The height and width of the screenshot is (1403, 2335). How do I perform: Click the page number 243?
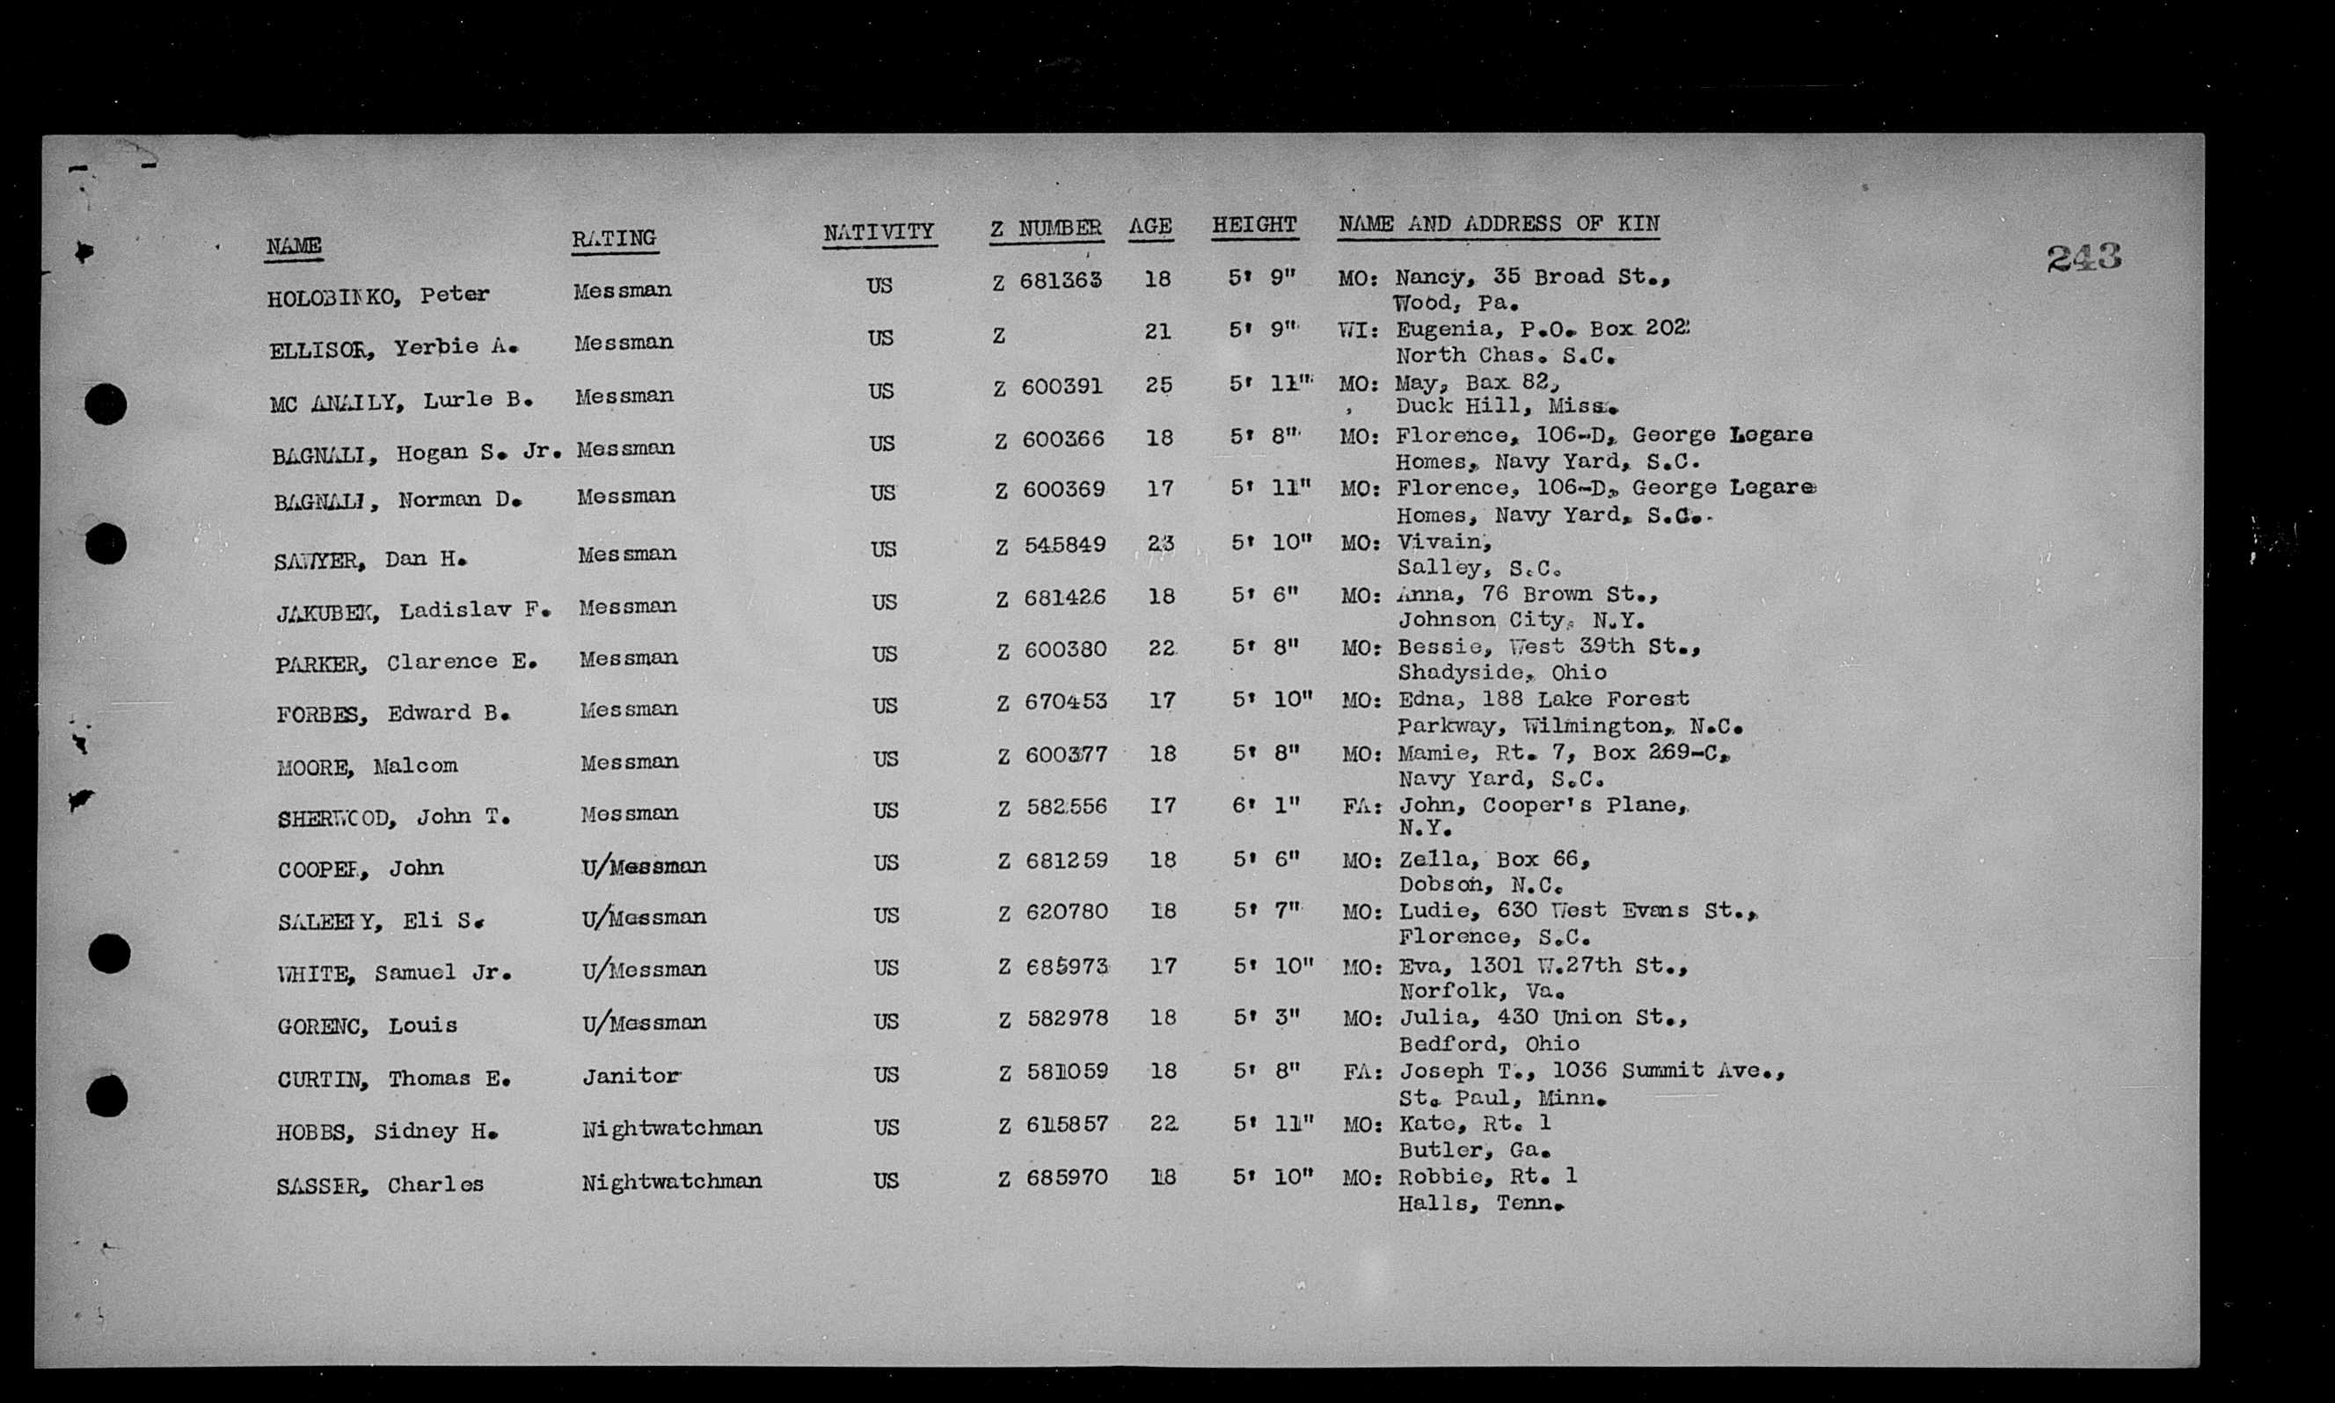pyautogui.click(x=2083, y=258)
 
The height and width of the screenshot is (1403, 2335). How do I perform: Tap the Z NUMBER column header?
pyautogui.click(x=1045, y=229)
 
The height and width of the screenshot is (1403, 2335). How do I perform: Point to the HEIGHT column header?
pyautogui.click(x=1254, y=226)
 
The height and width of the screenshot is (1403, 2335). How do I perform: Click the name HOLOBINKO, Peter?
pyautogui.click(x=378, y=296)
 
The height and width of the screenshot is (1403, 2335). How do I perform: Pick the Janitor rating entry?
pyautogui.click(x=630, y=1076)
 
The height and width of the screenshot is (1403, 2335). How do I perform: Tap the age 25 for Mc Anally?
pyautogui.click(x=1158, y=386)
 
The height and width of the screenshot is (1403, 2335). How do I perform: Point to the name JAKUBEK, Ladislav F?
pyautogui.click(x=413, y=612)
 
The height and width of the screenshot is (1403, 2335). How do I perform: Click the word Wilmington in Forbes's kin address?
pyautogui.click(x=1594, y=726)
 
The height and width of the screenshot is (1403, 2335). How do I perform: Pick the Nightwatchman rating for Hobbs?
pyautogui.click(x=671, y=1128)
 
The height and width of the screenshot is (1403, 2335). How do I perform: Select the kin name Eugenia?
pyautogui.click(x=1435, y=329)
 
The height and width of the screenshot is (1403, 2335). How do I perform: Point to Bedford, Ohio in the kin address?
pyautogui.click(x=1488, y=1044)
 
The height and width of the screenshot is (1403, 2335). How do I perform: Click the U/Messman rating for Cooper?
pyautogui.click(x=644, y=866)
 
